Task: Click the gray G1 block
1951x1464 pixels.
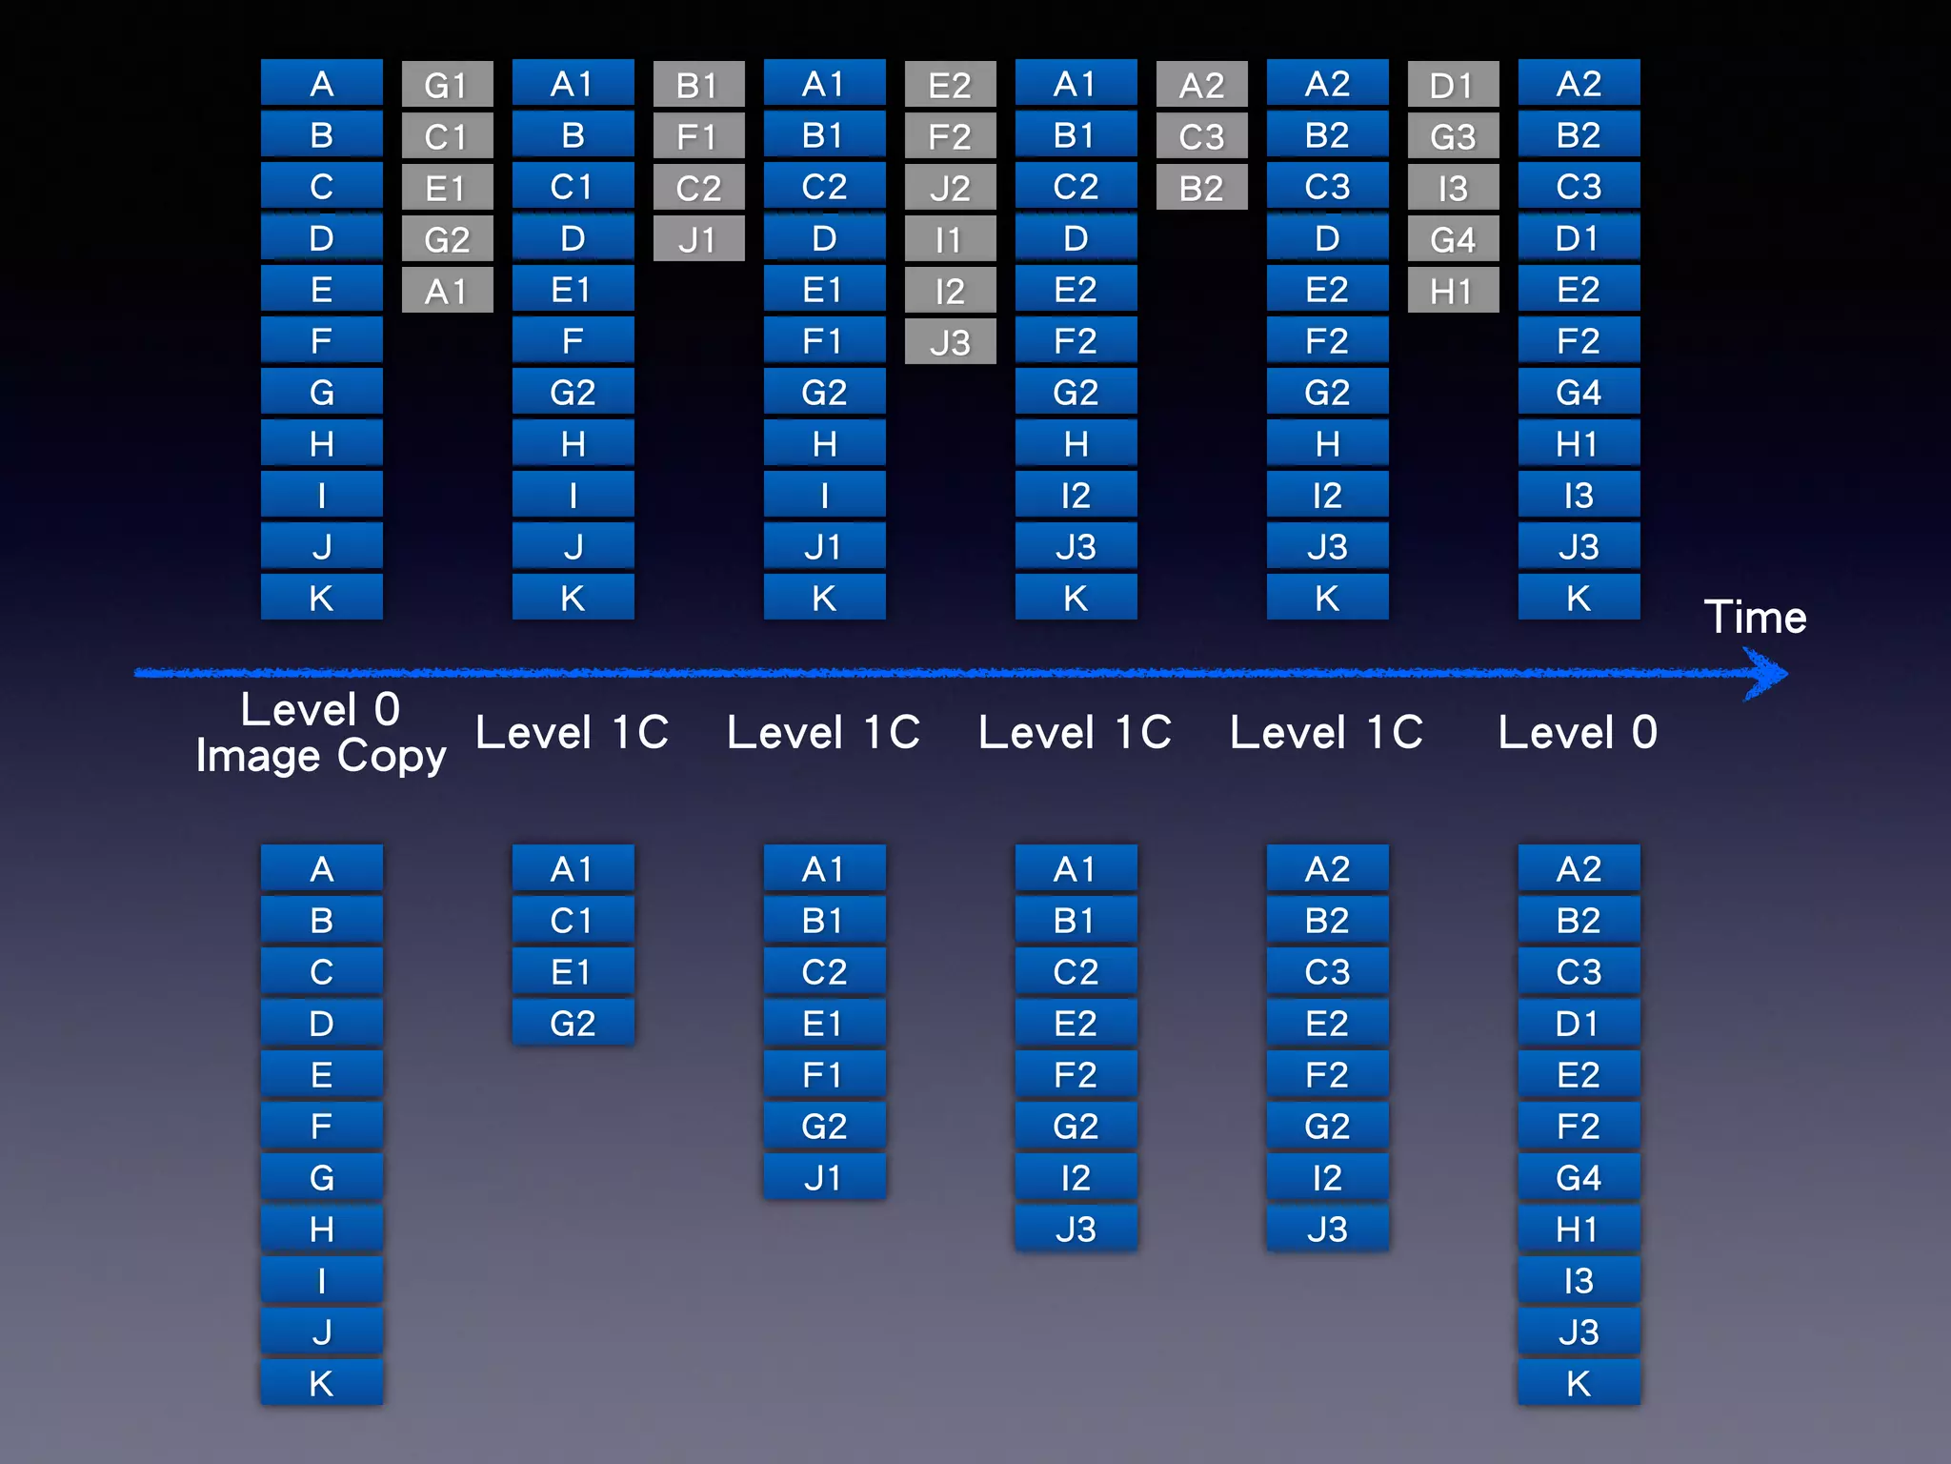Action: point(447,85)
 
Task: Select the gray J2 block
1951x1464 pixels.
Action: point(950,188)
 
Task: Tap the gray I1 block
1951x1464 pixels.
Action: point(950,239)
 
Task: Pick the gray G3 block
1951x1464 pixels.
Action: point(1453,136)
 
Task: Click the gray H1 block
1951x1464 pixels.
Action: point(1453,291)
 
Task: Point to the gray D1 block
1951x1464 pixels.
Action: point(1453,85)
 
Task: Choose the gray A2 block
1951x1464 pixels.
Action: point(1201,85)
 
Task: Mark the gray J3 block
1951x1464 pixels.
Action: point(950,342)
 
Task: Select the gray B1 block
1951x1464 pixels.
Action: point(698,85)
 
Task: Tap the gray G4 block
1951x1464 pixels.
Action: point(1453,239)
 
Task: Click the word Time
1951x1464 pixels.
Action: point(1755,618)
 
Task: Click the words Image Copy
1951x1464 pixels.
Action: point(321,756)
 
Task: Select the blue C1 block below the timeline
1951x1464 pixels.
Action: point(573,921)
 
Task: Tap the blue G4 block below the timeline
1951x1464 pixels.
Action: point(1579,1178)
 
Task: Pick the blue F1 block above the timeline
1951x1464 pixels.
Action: point(824,341)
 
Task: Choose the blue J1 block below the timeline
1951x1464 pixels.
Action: point(824,1178)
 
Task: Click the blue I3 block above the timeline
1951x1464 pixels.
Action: point(1579,496)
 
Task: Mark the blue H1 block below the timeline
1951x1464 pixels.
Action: point(1579,1230)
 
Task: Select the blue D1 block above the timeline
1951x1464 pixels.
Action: point(1579,238)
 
